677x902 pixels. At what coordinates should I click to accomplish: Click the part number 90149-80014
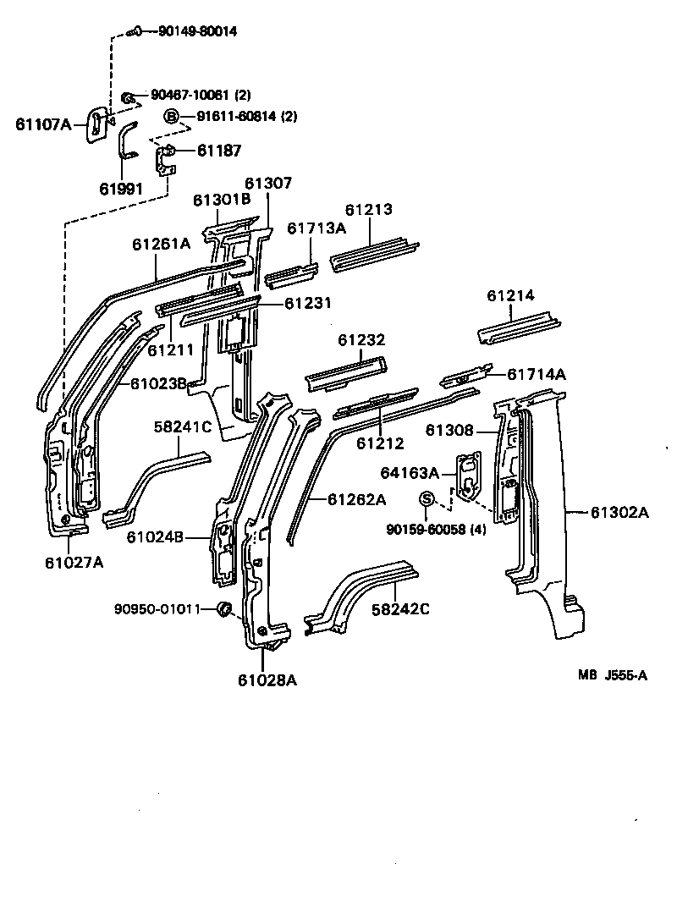click(197, 31)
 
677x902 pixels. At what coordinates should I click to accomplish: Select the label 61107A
click(43, 124)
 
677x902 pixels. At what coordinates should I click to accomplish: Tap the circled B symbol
click(172, 117)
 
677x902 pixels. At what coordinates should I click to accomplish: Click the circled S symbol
click(427, 499)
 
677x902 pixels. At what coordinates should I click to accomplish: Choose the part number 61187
click(219, 151)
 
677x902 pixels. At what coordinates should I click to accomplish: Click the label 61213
click(368, 210)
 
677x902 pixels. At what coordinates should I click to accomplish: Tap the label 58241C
click(182, 427)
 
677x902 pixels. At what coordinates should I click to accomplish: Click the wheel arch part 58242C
click(360, 597)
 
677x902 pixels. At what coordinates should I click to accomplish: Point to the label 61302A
click(619, 512)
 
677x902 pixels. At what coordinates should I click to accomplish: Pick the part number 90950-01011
click(157, 608)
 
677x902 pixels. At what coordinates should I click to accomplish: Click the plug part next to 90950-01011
click(224, 608)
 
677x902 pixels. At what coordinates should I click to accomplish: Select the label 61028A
click(267, 679)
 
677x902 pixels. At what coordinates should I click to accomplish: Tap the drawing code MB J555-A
click(613, 674)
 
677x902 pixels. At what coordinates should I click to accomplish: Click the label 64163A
click(410, 473)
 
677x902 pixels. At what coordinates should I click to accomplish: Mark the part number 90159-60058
click(436, 530)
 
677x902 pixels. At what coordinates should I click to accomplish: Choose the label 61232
click(361, 340)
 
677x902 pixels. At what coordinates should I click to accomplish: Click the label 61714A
click(537, 374)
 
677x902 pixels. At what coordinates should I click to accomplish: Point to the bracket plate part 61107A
click(96, 126)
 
